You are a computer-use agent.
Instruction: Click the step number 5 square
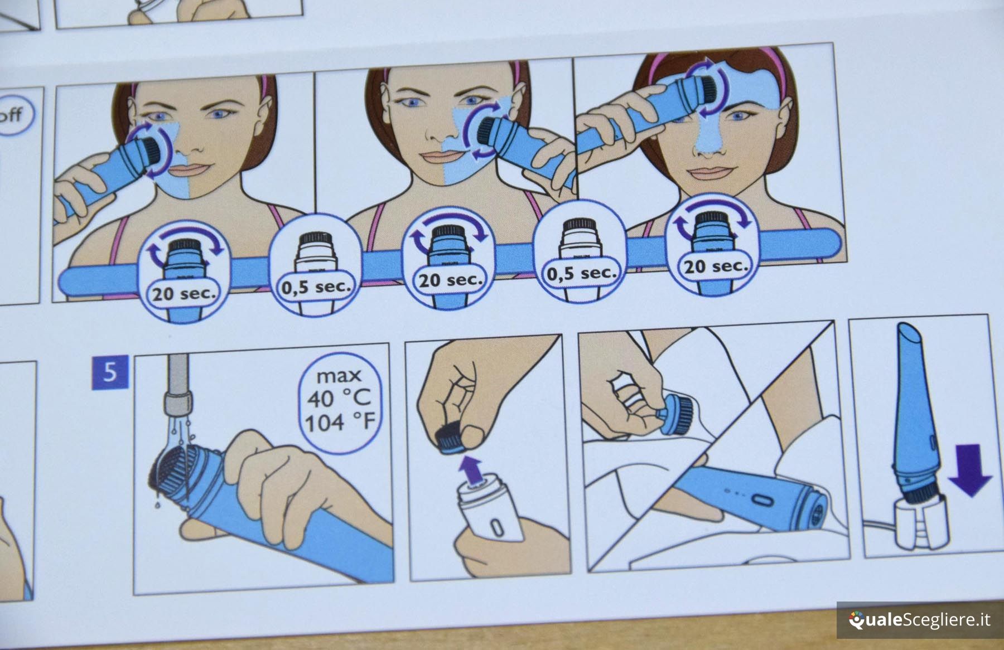pos(110,372)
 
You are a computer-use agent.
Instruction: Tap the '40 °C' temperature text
pos(339,398)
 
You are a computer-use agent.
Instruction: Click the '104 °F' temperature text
pos(340,423)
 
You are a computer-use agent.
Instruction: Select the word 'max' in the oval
pos(339,376)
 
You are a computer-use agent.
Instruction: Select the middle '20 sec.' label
pos(451,279)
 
